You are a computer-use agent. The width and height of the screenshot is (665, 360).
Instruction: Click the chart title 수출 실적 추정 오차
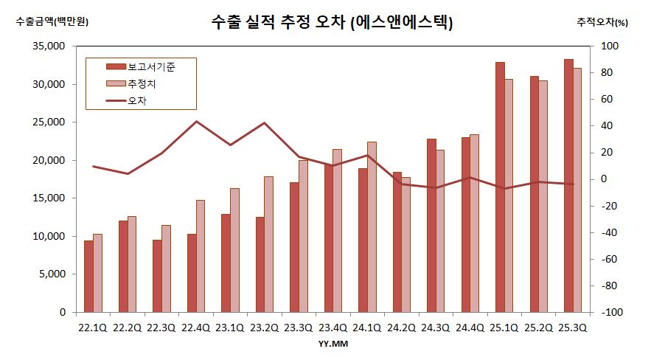(332, 22)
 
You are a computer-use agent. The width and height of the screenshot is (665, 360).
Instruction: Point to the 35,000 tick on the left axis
(51, 46)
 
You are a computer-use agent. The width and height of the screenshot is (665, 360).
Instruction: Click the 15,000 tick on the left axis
(51, 198)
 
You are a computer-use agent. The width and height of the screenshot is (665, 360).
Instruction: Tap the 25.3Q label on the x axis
(573, 327)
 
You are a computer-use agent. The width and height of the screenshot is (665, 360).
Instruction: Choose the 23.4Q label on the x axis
(332, 327)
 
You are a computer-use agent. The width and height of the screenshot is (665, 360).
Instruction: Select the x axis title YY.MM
(332, 344)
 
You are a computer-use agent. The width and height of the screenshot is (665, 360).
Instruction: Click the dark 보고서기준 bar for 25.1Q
(500, 187)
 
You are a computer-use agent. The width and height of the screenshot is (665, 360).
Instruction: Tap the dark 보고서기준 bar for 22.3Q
(157, 276)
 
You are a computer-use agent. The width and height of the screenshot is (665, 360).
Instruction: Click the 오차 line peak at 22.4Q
(196, 121)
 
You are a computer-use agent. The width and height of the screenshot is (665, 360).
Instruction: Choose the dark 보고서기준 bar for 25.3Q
(568, 186)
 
